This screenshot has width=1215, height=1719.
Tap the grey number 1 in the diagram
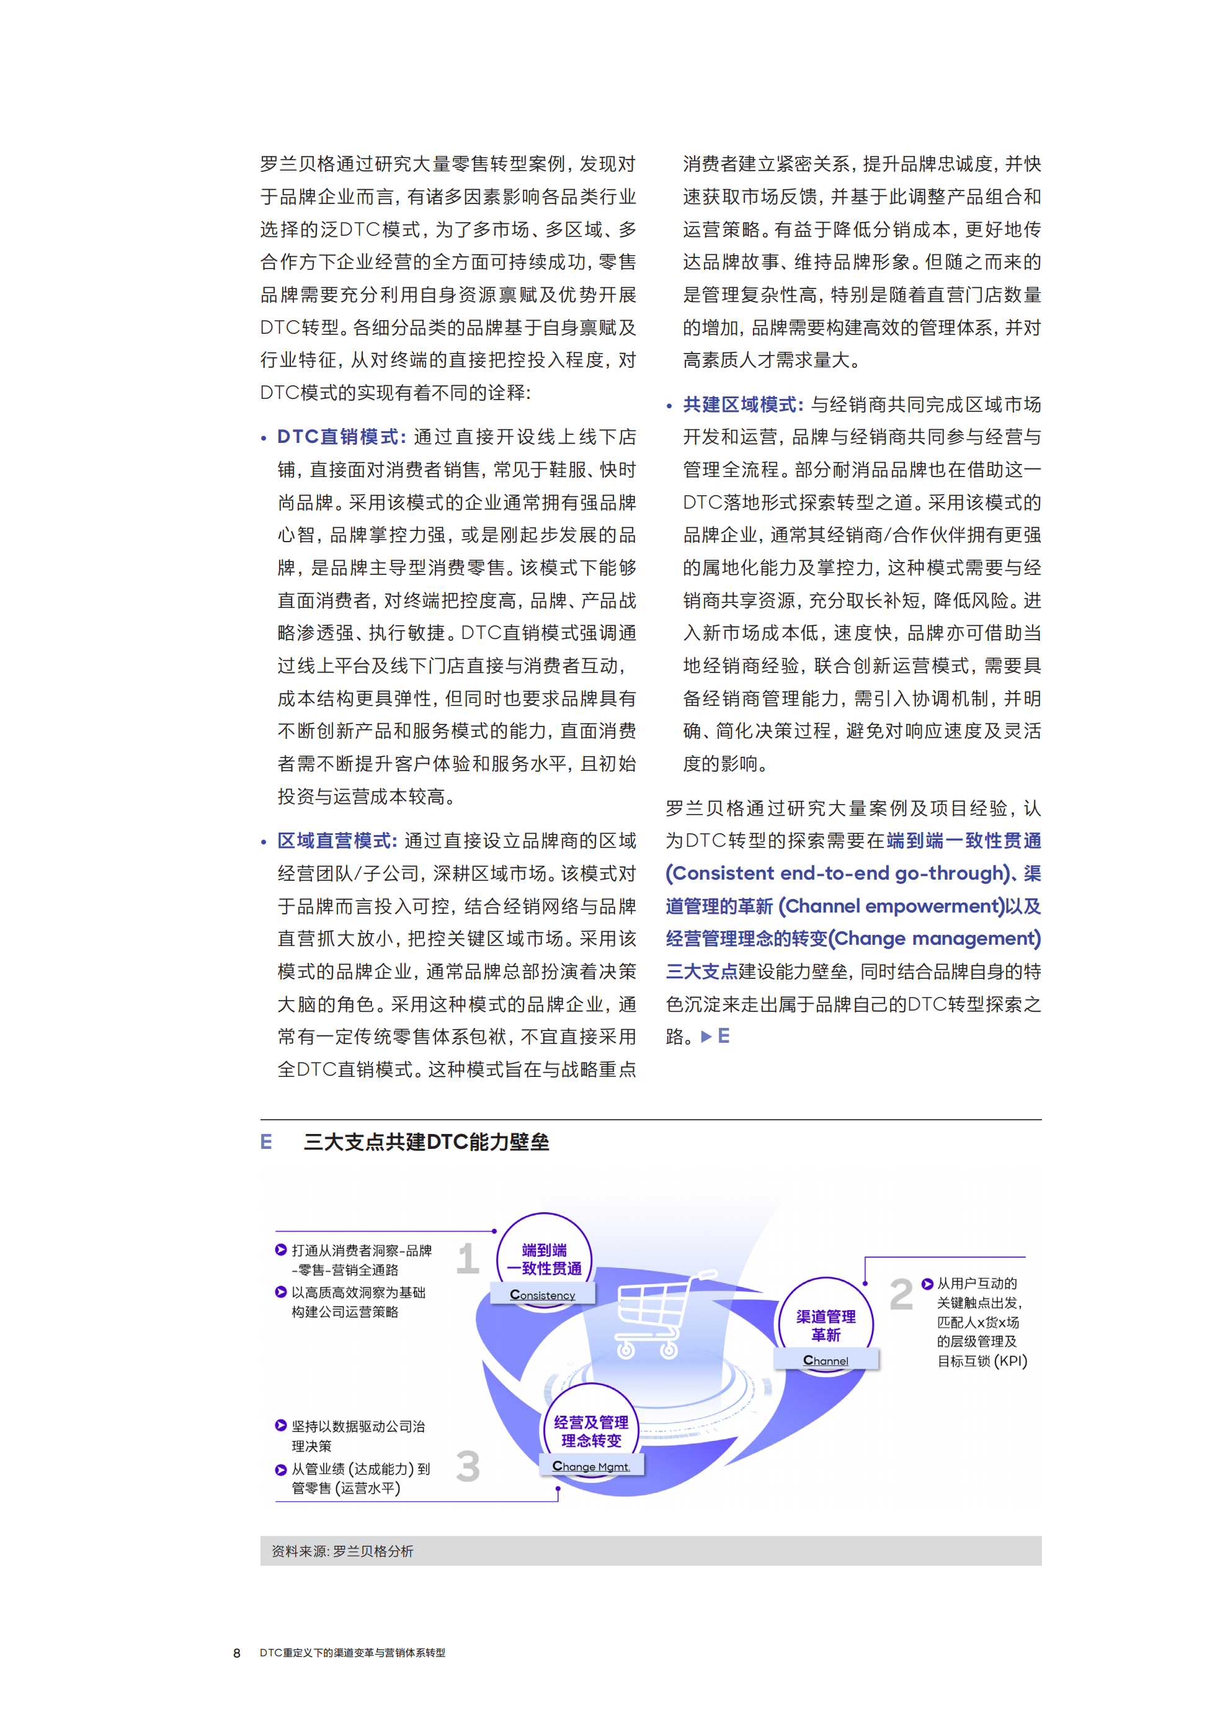tap(468, 1259)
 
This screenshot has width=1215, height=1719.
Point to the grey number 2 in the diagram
tap(901, 1295)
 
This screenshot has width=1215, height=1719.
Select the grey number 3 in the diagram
tap(468, 1466)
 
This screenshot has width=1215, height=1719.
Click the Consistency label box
tap(543, 1295)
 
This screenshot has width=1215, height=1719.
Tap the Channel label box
tap(826, 1360)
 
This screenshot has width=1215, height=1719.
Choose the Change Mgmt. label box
tap(592, 1466)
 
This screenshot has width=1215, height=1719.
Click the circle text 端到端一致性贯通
tap(545, 1259)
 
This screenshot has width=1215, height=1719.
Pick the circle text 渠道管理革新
tap(826, 1325)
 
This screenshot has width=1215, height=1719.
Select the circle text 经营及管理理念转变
tap(592, 1432)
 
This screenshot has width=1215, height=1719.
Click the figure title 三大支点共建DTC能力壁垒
tap(426, 1141)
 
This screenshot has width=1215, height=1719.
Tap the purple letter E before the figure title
tap(265, 1141)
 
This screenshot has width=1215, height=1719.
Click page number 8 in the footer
tap(238, 1653)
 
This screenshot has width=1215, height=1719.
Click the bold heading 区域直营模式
tap(336, 841)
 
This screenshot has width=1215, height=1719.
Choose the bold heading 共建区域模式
tap(742, 404)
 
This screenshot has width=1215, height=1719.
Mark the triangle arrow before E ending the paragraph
tap(705, 1037)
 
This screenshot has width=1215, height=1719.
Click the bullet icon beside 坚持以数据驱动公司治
tap(281, 1426)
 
